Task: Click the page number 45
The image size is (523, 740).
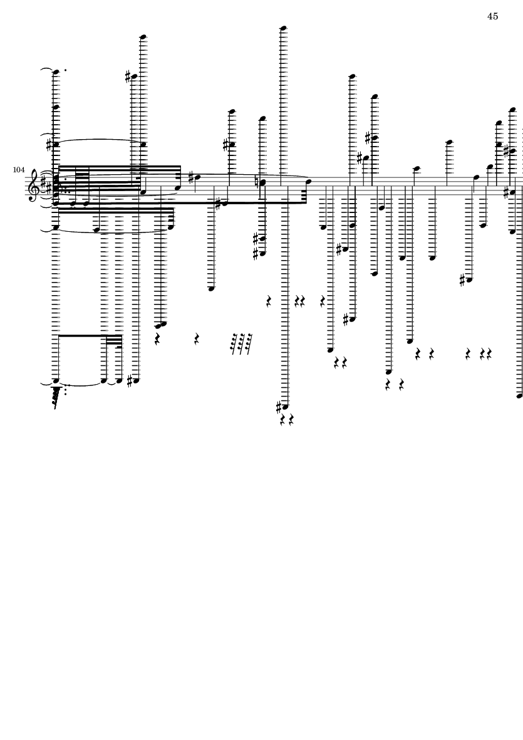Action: (492, 17)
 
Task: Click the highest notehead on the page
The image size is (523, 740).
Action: (283, 28)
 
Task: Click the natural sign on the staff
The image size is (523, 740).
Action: (261, 182)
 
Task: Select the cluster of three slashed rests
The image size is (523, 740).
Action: (241, 342)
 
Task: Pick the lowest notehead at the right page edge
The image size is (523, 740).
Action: (519, 396)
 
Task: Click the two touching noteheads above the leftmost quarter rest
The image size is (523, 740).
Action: (161, 325)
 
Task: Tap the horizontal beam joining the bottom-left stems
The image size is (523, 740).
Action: (80, 336)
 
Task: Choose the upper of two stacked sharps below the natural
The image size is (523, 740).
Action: (255, 239)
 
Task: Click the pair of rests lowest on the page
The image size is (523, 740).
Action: (287, 419)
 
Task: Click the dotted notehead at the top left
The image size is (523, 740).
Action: (56, 71)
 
